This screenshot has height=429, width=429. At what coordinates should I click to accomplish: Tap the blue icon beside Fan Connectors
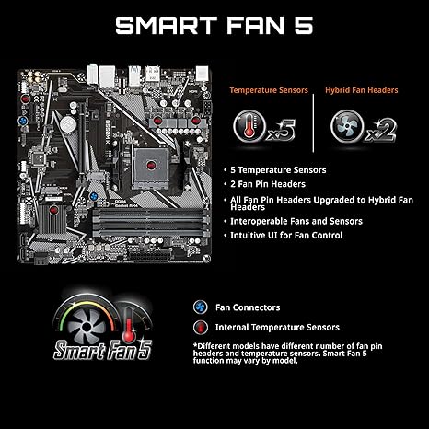point(199,307)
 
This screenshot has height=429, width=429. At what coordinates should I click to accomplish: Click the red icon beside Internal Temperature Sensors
point(199,327)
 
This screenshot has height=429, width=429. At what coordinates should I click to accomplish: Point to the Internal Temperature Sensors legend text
point(277,327)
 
